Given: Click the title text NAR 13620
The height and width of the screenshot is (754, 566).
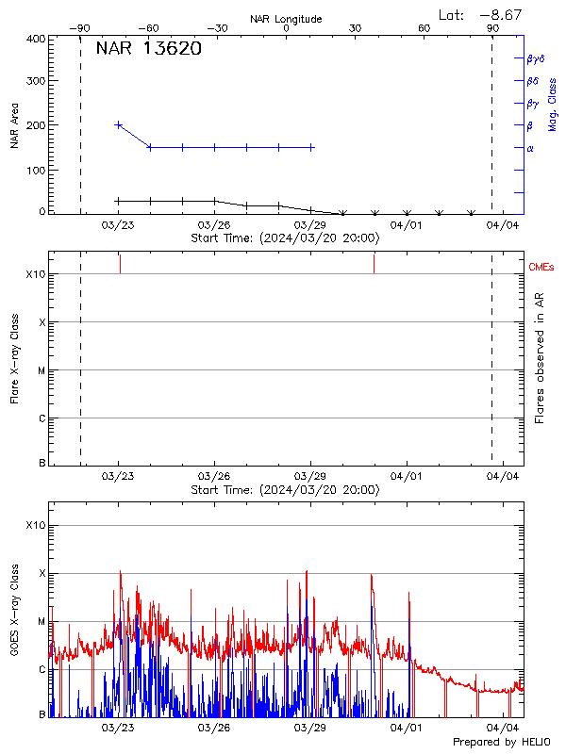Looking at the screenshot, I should coord(148,50).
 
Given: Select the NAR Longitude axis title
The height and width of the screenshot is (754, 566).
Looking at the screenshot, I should coord(286,19).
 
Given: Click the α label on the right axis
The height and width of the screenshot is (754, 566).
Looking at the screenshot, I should coord(530,148).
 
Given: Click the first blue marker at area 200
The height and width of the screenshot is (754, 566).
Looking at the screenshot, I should coord(118,124).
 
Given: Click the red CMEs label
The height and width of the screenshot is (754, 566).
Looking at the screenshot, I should coord(541,268).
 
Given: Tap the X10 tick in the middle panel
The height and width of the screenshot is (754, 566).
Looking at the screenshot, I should coord(36,274).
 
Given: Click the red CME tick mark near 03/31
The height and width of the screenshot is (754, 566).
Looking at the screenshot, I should coord(374,263).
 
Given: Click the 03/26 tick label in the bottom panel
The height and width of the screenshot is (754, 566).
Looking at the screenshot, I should coord(214,728).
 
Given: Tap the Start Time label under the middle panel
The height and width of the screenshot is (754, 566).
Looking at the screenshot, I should coord(285,489).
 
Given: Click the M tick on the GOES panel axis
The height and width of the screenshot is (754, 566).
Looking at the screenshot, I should coord(41,622).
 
